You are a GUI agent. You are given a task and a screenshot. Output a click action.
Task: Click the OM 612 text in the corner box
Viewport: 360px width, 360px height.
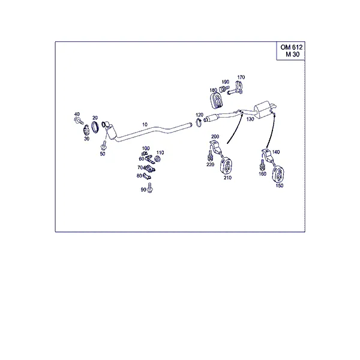coord(292,47)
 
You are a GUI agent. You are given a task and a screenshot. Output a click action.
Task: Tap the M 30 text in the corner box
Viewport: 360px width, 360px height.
coord(293,55)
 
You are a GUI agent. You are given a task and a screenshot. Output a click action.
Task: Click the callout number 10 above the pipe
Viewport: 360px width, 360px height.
coord(145,124)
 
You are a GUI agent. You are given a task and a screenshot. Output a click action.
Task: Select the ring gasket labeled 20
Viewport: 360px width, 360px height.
coord(95,127)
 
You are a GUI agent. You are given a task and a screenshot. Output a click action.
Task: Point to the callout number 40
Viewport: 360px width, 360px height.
coord(77,114)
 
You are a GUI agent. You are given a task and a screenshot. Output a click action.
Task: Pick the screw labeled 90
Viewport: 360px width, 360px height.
coord(150,187)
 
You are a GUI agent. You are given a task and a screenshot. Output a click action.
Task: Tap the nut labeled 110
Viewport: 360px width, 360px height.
coord(157,158)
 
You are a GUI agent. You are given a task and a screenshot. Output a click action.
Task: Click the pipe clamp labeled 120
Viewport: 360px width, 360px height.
coord(199,123)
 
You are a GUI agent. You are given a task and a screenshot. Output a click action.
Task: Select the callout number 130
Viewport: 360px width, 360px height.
coord(250,119)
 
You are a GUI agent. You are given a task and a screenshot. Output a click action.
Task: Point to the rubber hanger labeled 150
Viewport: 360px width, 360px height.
coord(278,175)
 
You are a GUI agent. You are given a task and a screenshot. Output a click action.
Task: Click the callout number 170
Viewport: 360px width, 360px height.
coord(241,77)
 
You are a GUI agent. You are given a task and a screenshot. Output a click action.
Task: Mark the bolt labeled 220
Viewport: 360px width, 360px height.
coord(210,156)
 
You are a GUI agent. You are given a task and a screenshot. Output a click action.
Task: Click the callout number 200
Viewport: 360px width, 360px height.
coord(215,137)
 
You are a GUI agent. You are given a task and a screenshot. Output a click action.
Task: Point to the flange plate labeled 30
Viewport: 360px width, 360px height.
coord(86,131)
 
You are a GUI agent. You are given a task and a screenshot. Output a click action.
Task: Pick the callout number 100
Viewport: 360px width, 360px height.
coord(146,148)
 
